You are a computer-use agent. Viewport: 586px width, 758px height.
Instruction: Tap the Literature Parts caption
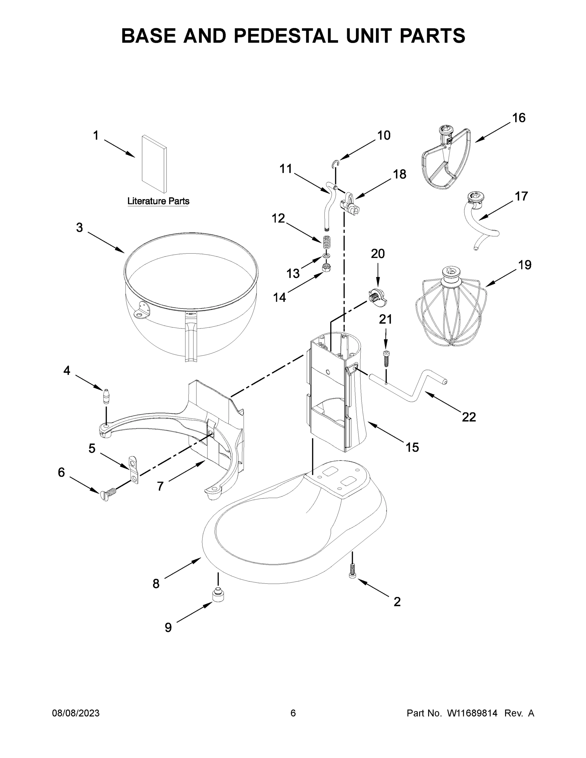[x=158, y=201]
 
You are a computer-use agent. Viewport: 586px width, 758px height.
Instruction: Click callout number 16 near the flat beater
[x=519, y=118]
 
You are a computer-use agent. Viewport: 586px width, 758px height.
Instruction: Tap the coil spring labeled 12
[x=327, y=242]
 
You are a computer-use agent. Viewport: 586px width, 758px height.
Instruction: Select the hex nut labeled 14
[x=326, y=268]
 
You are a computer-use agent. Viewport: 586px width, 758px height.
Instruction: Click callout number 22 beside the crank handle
[x=469, y=417]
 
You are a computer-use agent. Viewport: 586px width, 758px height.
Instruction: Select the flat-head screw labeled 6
[x=108, y=495]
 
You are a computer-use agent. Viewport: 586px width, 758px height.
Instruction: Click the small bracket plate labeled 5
[x=133, y=470]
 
